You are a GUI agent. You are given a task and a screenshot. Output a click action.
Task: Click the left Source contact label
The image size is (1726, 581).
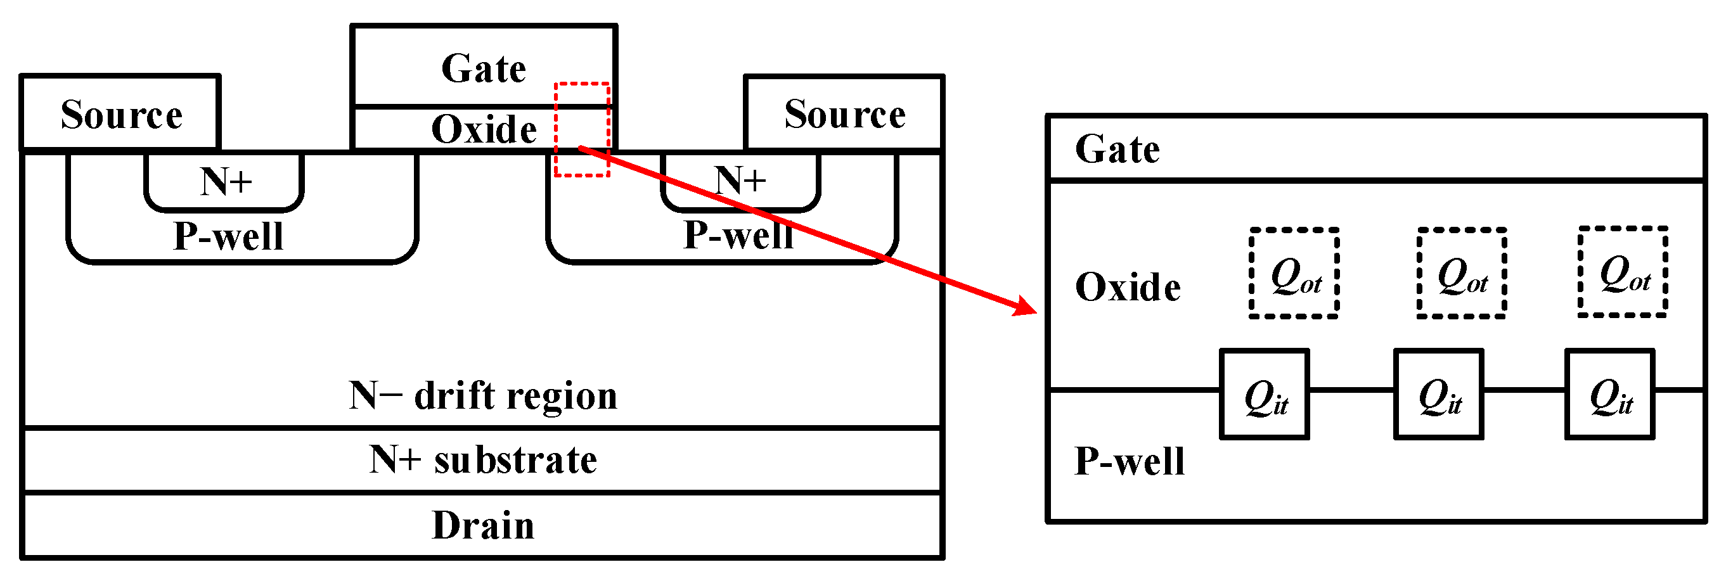point(121,115)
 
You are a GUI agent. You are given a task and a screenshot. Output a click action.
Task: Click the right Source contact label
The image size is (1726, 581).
point(845,114)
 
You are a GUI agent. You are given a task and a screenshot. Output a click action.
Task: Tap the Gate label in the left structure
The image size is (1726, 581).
point(484,68)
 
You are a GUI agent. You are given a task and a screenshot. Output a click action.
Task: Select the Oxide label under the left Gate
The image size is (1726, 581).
point(484,129)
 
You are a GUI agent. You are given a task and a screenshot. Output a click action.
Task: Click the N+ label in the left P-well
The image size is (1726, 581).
point(226,182)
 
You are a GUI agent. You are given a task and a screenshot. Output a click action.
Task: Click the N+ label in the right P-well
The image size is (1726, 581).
point(740,181)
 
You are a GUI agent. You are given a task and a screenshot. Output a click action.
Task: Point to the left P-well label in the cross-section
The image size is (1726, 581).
point(228,236)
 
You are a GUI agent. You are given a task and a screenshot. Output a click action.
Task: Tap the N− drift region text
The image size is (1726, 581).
point(483,395)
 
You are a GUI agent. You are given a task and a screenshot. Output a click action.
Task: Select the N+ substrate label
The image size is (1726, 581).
point(483,460)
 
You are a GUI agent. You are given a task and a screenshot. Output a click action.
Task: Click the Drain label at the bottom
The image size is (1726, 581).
point(483,525)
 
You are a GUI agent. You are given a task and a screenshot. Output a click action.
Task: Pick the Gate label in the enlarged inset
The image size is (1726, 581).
point(1117,149)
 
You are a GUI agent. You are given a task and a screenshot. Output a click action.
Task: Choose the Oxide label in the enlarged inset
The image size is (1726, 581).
point(1128,288)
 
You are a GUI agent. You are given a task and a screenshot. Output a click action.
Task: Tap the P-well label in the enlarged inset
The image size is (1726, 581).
point(1130,462)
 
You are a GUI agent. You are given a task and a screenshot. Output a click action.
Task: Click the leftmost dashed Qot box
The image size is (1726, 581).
point(1294,274)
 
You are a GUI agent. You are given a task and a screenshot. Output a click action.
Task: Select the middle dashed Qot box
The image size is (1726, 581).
point(1461,274)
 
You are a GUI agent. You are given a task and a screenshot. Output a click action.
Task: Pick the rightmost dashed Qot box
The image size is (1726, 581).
point(1623,272)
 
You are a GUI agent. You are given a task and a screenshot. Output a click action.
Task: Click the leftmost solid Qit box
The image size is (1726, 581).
point(1265,395)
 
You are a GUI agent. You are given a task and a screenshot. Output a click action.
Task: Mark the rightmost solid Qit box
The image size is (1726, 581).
point(1609,395)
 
